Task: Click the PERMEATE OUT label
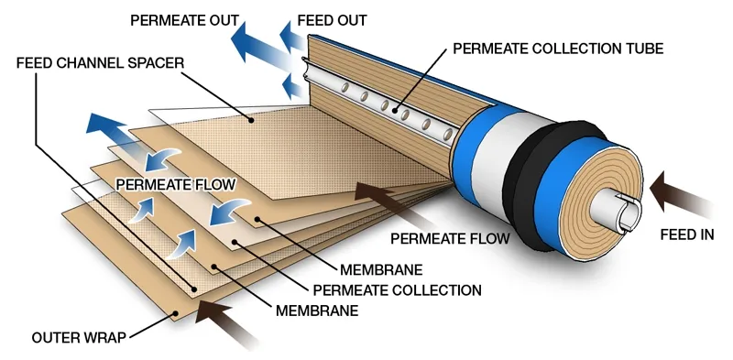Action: (x=185, y=19)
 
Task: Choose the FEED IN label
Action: (x=686, y=235)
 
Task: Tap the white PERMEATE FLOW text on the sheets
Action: (x=175, y=184)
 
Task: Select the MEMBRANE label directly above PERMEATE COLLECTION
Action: (x=381, y=269)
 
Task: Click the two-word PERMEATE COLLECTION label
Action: (x=410, y=289)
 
